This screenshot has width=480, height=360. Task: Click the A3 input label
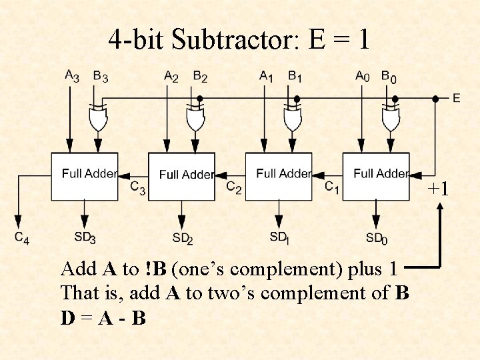(x=71, y=76)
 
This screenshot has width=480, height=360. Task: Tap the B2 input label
(x=200, y=76)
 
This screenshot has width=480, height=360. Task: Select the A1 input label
(x=266, y=76)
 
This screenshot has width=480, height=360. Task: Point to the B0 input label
(x=389, y=76)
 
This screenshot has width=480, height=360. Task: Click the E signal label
(x=456, y=99)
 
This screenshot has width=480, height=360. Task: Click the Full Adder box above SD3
(x=85, y=176)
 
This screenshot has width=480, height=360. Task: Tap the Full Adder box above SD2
(x=181, y=176)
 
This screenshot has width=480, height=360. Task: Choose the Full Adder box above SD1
(x=279, y=176)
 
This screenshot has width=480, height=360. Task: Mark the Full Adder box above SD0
(x=375, y=176)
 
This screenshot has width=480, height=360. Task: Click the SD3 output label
(x=85, y=237)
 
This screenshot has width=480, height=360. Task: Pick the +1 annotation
(x=439, y=189)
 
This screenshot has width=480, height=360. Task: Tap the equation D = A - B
(x=103, y=319)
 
